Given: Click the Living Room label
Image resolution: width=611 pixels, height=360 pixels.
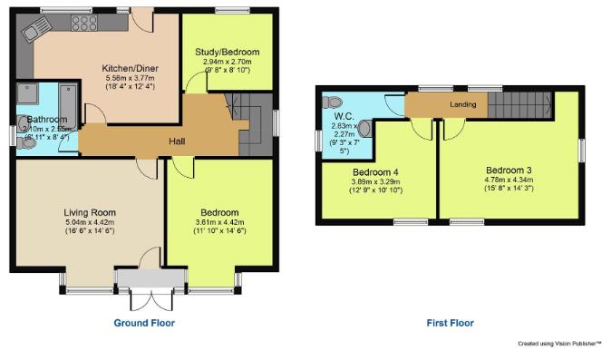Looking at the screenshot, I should point(90,212).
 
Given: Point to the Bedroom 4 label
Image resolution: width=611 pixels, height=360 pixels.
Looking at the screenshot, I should point(376,171).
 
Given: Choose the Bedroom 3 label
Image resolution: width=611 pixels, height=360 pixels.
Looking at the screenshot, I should point(509,170).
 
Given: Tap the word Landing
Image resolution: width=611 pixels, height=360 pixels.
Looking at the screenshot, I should point(463,104).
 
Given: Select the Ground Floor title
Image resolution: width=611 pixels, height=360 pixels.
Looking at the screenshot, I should point(143,323).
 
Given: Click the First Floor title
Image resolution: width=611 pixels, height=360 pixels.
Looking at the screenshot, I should point(450,323).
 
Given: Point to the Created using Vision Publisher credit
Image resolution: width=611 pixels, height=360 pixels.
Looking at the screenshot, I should point(559,344).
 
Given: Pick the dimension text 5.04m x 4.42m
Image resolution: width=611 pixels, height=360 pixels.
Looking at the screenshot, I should point(90,222).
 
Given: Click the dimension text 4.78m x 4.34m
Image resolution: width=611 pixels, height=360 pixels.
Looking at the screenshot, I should point(509,180).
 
